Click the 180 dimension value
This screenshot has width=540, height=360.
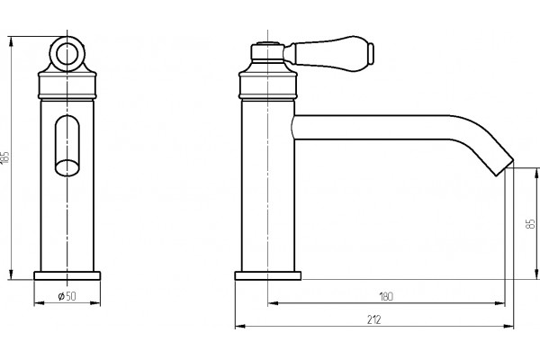tap(386, 296)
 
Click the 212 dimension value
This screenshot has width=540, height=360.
tap(374, 319)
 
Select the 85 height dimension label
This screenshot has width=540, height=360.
tap(531, 223)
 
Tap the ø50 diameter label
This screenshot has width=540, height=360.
tap(67, 296)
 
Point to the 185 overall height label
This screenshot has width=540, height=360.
tap(4, 157)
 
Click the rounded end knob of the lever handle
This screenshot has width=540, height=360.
tap(371, 53)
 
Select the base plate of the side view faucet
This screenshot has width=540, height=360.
tap(268, 275)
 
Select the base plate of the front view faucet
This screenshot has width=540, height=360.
tap(67, 275)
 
